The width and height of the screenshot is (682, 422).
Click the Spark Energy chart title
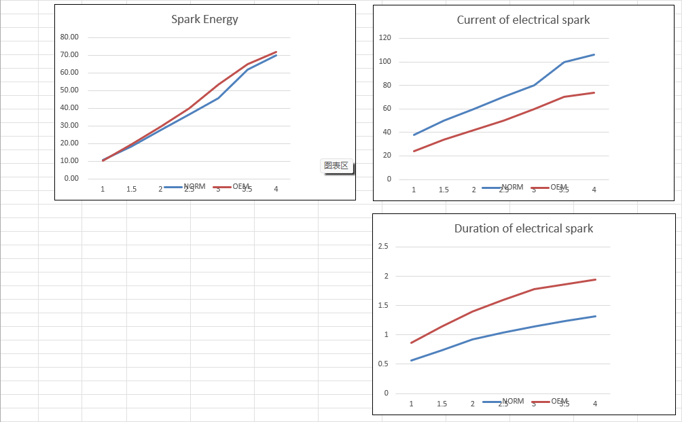tap(204, 19)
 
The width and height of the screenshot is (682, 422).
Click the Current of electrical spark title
tap(523, 20)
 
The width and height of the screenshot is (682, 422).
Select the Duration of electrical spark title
tap(523, 228)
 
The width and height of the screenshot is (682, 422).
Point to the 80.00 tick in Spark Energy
tap(70, 37)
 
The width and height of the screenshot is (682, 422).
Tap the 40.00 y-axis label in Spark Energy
tap(70, 108)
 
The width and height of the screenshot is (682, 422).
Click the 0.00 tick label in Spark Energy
tap(71, 179)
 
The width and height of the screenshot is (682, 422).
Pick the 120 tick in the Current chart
tap(385, 38)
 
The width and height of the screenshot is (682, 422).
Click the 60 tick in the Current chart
tap(387, 109)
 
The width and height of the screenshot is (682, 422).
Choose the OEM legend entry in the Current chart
tap(558, 188)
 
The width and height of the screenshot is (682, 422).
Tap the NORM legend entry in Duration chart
tap(513, 402)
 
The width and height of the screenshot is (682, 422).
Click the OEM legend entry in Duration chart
tap(559, 402)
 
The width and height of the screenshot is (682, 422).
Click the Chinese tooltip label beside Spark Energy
tap(336, 166)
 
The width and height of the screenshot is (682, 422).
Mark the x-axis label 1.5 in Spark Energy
tap(131, 190)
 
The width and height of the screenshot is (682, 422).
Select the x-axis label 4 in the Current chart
tap(594, 190)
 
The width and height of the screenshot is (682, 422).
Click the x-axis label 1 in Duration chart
tap(411, 404)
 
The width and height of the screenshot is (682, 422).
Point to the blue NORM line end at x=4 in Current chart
tap(594, 54)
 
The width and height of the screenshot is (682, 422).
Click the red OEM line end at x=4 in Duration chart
tap(595, 279)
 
